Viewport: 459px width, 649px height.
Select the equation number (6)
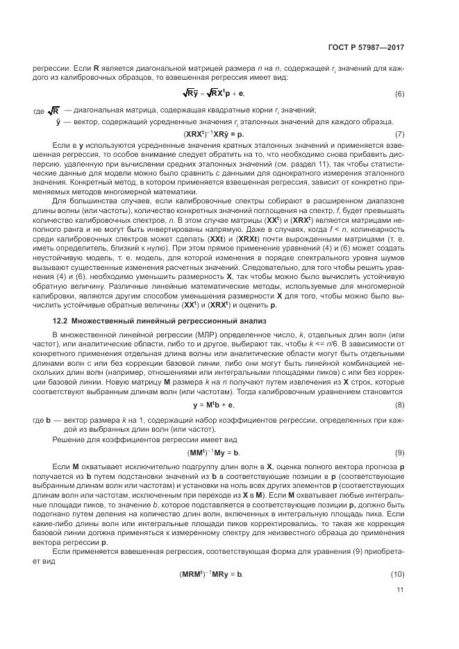pos(400,94)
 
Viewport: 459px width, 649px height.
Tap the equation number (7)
pos(400,133)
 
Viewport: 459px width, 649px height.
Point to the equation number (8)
pos(400,404)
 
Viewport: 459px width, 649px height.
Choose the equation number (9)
pos(400,453)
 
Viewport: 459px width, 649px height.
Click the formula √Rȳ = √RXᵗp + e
pos(214,94)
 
